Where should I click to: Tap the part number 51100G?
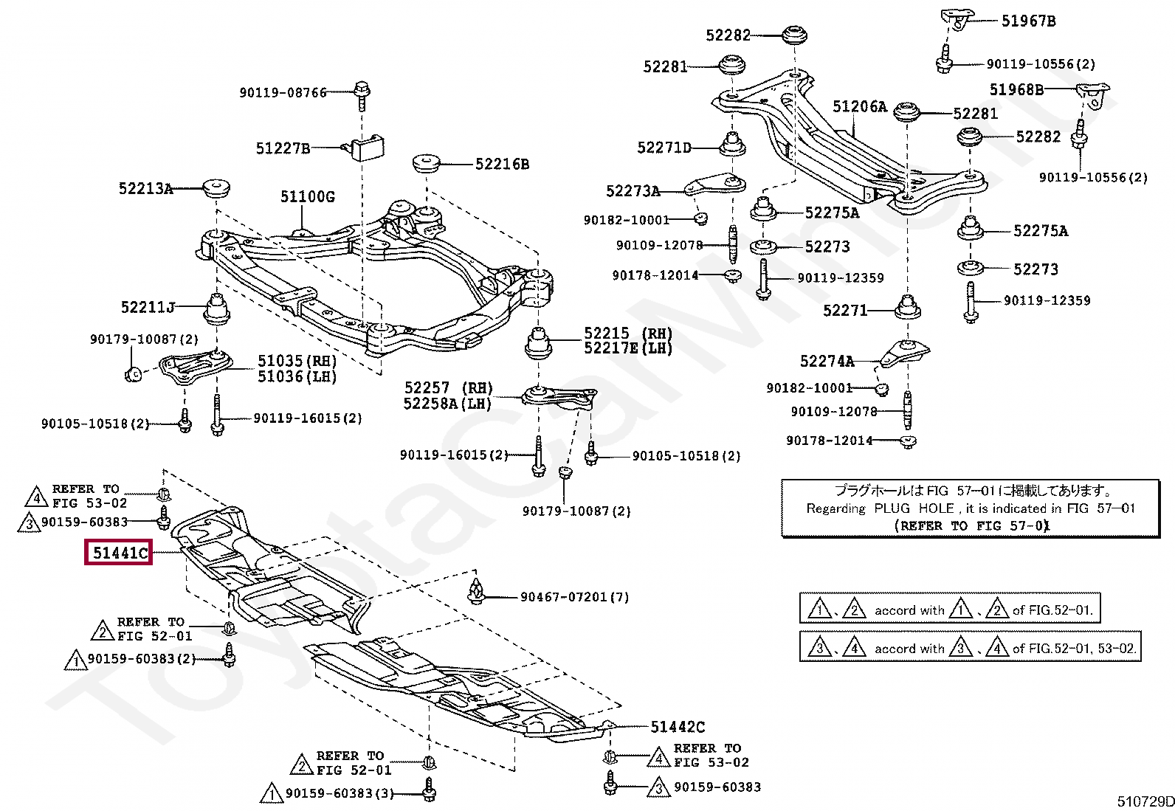pos(307,197)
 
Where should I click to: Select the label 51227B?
pos(283,148)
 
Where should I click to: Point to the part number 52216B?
pos(502,165)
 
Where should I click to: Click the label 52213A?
pos(145,188)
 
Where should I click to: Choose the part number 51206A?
pos(860,106)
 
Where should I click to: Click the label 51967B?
pos(1029,21)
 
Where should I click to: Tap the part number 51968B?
pos(1016,90)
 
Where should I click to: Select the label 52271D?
pos(664,148)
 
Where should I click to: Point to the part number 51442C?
pos(678,727)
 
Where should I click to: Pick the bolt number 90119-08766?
pos(283,93)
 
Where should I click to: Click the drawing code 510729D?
pos(1145,801)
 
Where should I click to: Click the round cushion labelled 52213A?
pos(216,187)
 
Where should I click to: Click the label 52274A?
pos(827,361)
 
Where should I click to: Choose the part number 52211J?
pos(148,307)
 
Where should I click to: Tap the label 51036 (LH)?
pos(297,376)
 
